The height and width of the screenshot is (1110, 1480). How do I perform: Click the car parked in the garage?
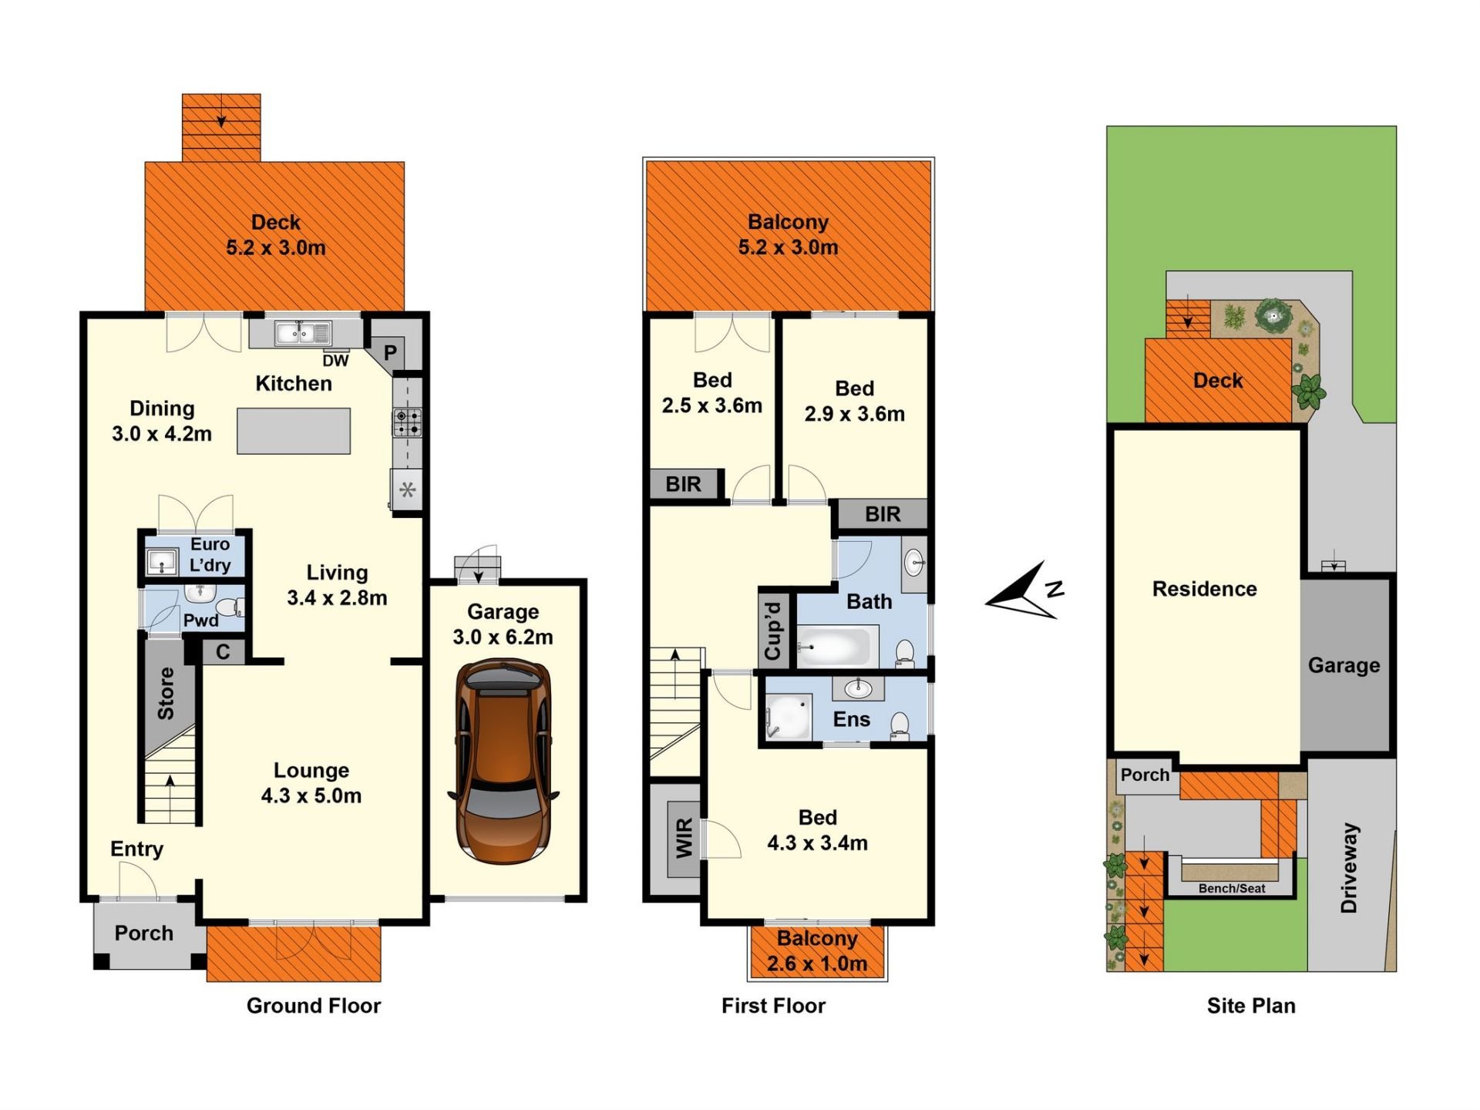(x=504, y=761)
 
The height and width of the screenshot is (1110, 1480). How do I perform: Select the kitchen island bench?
(x=294, y=431)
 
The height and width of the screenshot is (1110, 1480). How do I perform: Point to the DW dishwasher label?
(x=335, y=361)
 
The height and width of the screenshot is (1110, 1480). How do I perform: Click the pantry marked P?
(x=391, y=353)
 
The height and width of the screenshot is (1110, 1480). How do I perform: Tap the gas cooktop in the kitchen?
(x=408, y=422)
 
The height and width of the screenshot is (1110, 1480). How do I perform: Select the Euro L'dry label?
(x=210, y=555)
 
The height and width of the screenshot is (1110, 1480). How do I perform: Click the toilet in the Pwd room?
(x=229, y=607)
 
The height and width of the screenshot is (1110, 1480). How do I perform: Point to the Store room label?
(x=166, y=693)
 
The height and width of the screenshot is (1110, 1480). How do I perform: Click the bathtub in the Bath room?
(x=837, y=646)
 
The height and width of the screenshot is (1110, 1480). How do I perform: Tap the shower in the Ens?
(x=788, y=717)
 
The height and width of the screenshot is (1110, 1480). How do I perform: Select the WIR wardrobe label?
(x=684, y=839)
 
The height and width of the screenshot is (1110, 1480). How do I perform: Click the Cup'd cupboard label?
(x=773, y=631)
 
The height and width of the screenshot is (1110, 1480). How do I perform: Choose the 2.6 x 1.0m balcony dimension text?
(x=817, y=964)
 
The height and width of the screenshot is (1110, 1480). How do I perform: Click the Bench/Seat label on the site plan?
(x=1232, y=889)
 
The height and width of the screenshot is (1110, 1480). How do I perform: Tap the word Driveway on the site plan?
(x=1349, y=868)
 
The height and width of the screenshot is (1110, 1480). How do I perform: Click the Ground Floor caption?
(x=314, y=1006)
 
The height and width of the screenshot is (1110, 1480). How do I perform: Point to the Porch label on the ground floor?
(x=144, y=933)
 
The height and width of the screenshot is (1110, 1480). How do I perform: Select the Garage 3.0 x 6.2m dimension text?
(x=503, y=637)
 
